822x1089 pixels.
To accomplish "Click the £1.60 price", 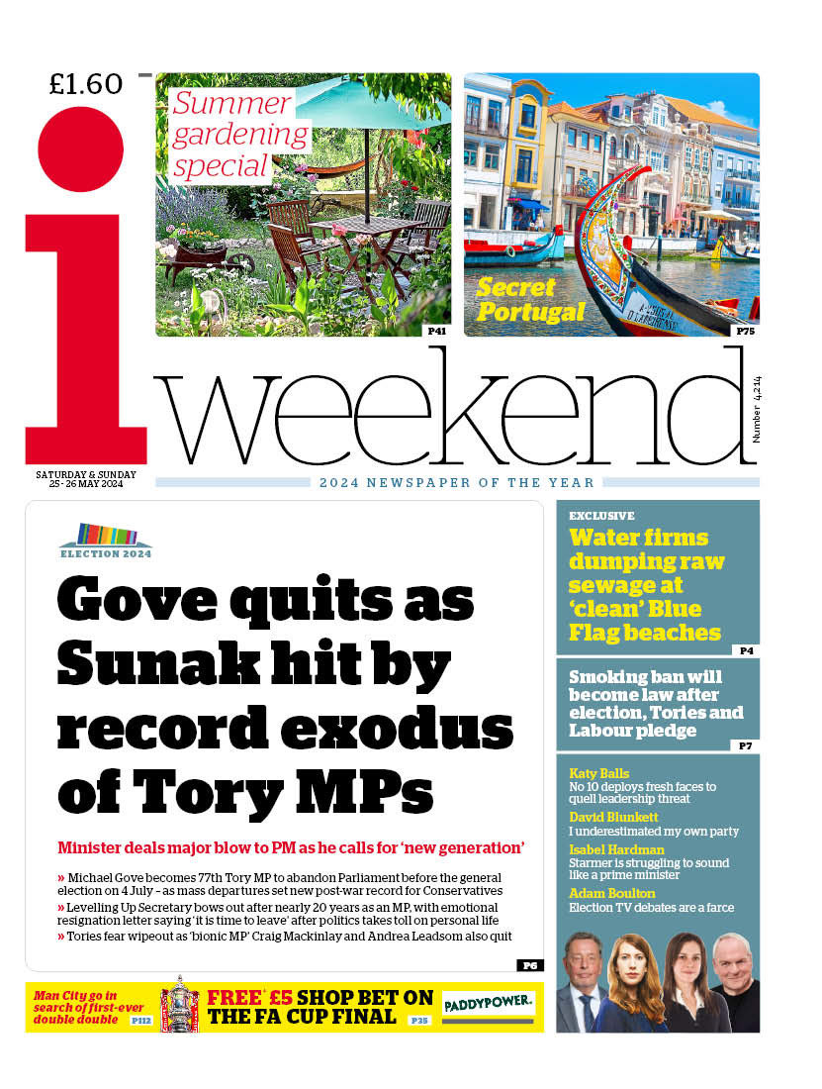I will [x=86, y=84].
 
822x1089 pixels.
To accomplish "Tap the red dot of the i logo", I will [x=81, y=148].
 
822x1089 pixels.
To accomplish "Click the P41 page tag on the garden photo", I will [x=436, y=331].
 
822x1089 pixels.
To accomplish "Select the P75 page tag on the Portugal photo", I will [x=744, y=331].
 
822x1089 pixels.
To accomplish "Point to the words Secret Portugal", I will [x=530, y=300].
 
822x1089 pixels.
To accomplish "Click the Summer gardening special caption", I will [x=233, y=135].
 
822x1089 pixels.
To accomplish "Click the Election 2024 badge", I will [x=106, y=541].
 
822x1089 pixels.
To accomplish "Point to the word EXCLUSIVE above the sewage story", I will [x=601, y=516].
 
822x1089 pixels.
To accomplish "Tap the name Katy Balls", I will [x=599, y=773].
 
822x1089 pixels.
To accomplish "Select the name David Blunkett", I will [x=613, y=818].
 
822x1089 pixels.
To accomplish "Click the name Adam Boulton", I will [x=611, y=894].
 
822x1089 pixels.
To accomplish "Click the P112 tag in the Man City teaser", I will [x=141, y=1019].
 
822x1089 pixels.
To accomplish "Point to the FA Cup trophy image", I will [x=180, y=1005].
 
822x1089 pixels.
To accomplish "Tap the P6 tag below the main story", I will [x=529, y=965].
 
